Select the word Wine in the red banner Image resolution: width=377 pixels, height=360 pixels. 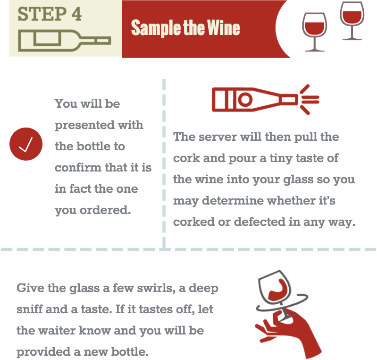coord(222,28)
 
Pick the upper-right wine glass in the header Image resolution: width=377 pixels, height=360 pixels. coord(352,19)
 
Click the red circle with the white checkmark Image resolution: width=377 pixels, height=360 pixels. coord(26,146)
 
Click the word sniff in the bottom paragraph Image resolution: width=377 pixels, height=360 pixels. coord(30,309)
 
